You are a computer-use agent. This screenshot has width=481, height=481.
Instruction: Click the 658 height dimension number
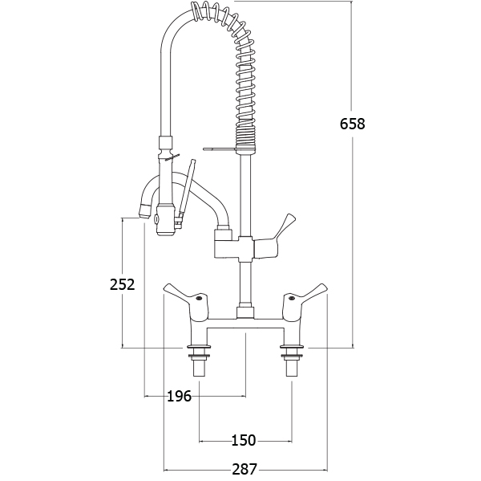click(x=352, y=124)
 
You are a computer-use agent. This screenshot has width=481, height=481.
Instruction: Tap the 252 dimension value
click(x=123, y=284)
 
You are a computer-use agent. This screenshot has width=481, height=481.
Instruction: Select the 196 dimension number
click(x=180, y=396)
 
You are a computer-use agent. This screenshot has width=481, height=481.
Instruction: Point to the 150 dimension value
click(x=243, y=440)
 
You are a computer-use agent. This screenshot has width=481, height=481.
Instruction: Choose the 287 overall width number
click(x=245, y=469)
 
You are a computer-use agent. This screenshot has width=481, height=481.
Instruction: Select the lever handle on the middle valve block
click(x=274, y=236)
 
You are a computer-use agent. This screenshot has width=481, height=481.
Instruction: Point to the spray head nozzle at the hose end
click(x=165, y=219)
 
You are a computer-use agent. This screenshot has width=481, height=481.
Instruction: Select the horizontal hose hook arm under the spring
click(x=220, y=149)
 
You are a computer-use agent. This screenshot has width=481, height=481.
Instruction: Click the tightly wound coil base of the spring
click(x=245, y=137)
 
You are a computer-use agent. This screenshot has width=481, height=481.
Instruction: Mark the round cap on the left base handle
click(x=199, y=297)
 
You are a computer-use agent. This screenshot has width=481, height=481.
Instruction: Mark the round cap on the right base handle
click(x=292, y=297)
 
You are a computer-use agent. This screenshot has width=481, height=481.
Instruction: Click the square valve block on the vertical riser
click(x=246, y=249)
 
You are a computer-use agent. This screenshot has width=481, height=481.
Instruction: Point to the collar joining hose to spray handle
click(x=167, y=147)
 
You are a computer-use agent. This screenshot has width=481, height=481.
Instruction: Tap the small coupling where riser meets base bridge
click(x=246, y=312)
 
